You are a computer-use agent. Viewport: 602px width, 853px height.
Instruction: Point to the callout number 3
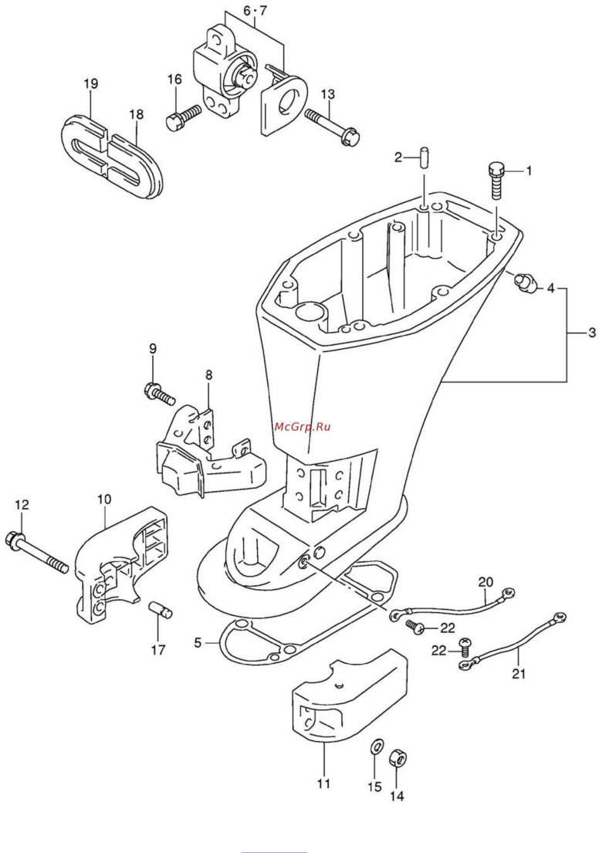click(x=591, y=333)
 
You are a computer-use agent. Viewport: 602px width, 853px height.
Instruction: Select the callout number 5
click(x=198, y=642)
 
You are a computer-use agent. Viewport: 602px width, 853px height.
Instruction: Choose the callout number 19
click(x=91, y=83)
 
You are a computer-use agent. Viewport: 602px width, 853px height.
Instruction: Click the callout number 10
click(x=104, y=499)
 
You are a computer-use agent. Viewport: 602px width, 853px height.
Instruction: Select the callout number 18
click(x=137, y=114)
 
